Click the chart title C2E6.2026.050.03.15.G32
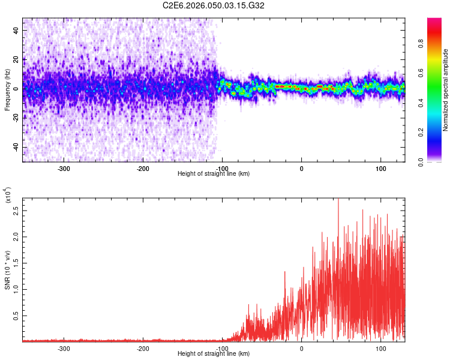(x=214, y=5)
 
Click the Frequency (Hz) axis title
(x=7, y=89)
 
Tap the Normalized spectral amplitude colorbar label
(x=446, y=90)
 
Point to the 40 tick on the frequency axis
(x=17, y=30)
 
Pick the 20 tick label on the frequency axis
(x=17, y=59)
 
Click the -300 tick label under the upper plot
(x=64, y=168)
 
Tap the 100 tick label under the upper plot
(x=380, y=168)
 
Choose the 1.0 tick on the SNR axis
(x=16, y=289)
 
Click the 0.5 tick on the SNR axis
(x=16, y=314)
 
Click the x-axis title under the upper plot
(x=214, y=173)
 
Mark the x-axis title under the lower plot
(x=214, y=353)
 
